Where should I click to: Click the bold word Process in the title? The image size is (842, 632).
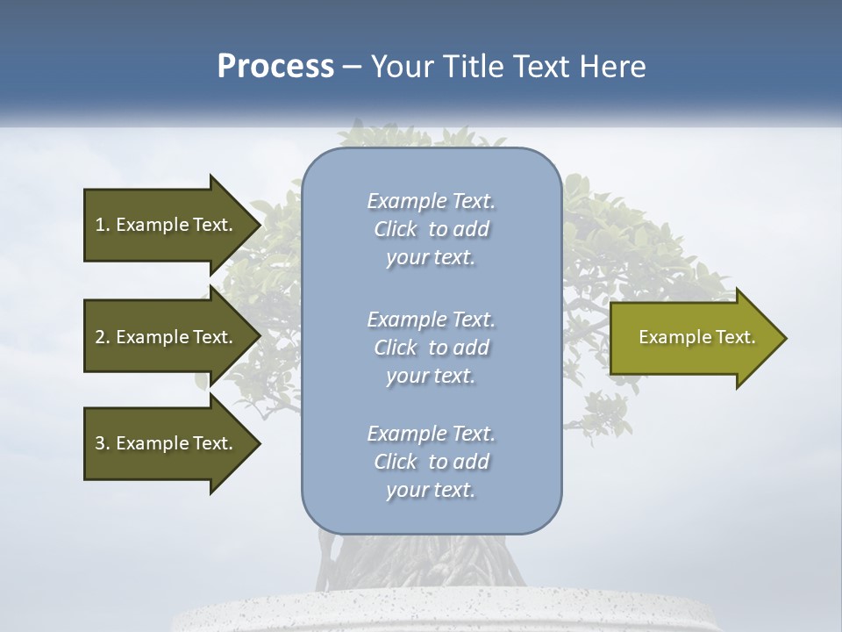click(275, 67)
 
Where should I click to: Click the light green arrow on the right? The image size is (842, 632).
click(684, 338)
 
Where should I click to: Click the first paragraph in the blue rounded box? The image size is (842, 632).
click(431, 229)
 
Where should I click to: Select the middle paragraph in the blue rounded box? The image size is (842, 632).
click(431, 348)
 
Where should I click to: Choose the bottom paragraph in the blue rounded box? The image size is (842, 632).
click(431, 462)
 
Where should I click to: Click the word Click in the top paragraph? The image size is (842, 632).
click(396, 229)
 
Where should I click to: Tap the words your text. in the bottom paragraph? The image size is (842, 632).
click(431, 490)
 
